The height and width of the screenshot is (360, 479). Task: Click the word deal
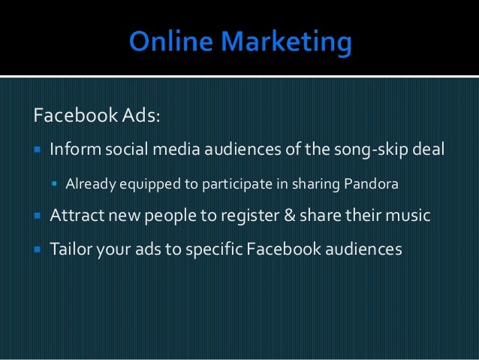(x=430, y=150)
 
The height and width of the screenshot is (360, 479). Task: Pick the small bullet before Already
(x=54, y=183)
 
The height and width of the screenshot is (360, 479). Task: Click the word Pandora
(x=372, y=183)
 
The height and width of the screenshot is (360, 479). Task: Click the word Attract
(x=76, y=216)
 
